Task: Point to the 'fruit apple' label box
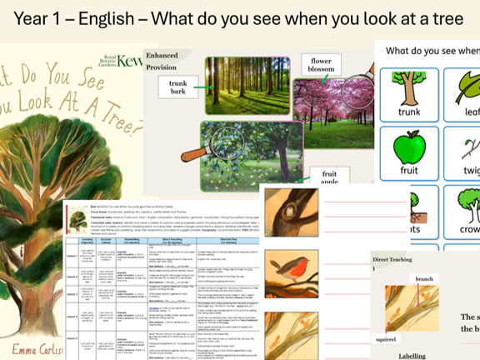[x=329, y=180]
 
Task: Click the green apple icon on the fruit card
[x=409, y=147]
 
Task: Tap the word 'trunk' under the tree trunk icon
[x=409, y=112]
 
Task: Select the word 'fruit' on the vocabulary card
[x=409, y=170]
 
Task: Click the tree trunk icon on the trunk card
[x=409, y=87]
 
